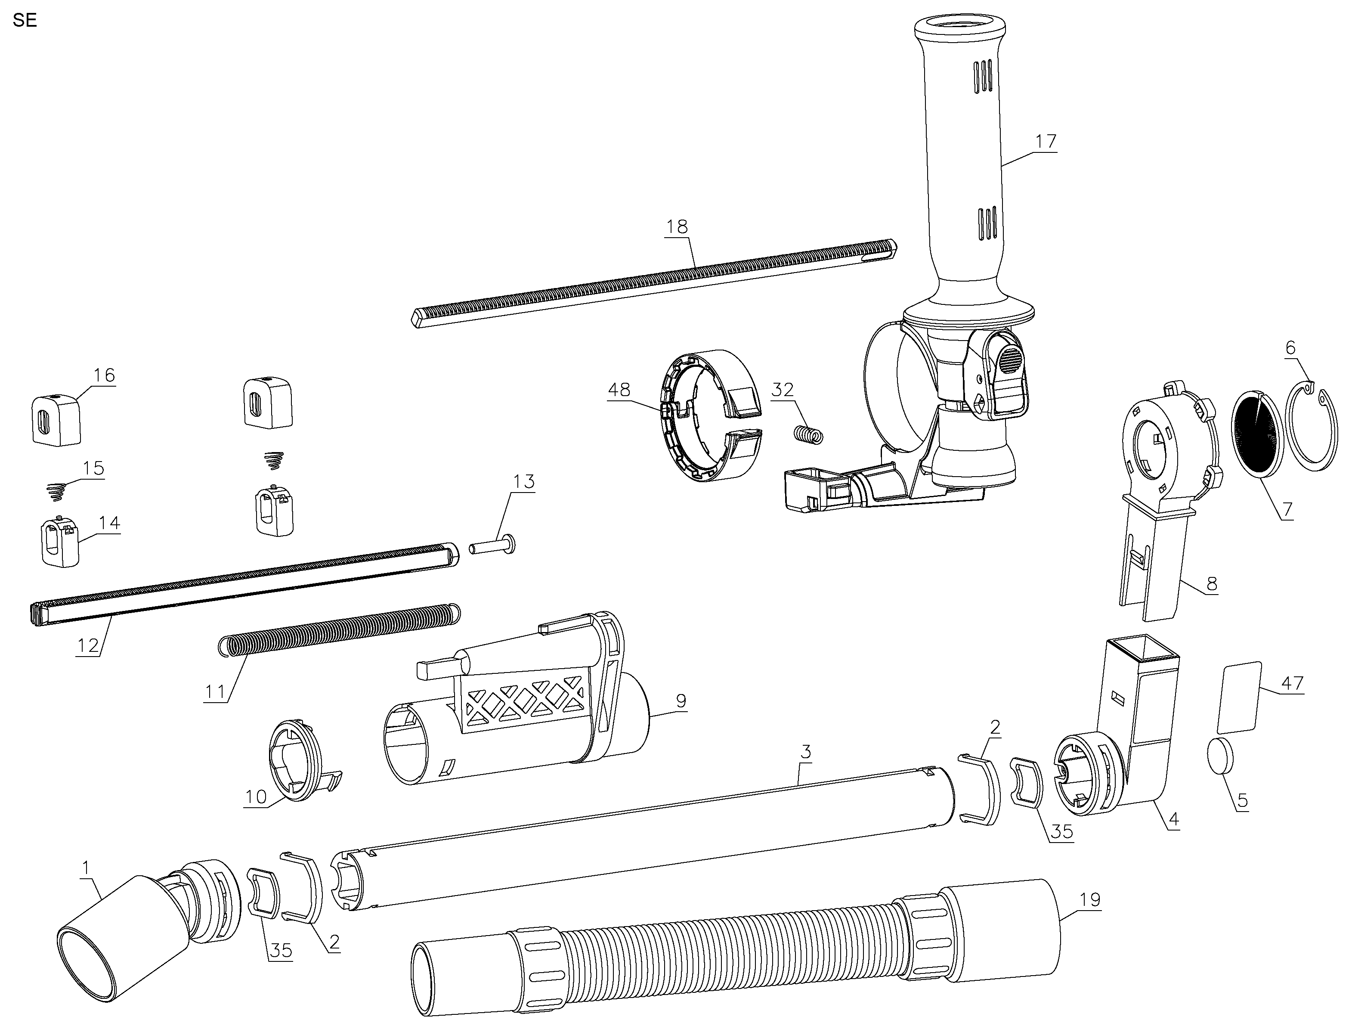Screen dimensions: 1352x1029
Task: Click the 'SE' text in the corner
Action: point(25,20)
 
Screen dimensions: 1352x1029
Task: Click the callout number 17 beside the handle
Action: point(1046,142)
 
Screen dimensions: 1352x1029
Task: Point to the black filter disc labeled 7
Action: point(1255,432)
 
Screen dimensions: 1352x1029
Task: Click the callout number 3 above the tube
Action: point(806,752)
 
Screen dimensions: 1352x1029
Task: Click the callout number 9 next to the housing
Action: point(681,700)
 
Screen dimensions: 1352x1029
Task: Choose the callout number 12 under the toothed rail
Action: point(88,645)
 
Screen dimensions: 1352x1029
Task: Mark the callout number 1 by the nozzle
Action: point(86,867)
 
